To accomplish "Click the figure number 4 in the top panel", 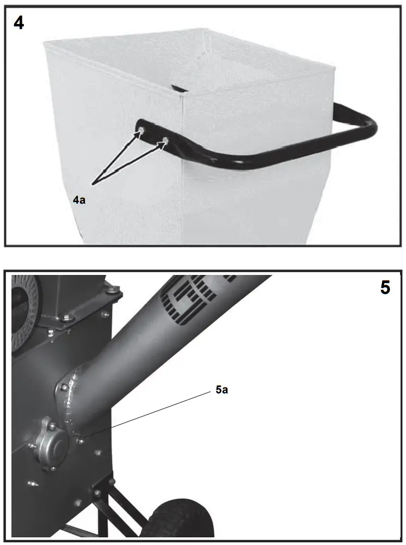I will (19, 23).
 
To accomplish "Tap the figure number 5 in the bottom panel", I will (385, 287).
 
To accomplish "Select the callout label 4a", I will (79, 200).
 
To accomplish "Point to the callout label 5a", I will (222, 390).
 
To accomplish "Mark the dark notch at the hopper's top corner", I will (178, 87).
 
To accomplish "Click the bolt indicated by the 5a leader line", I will (80, 440).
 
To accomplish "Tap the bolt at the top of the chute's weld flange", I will (64, 388).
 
